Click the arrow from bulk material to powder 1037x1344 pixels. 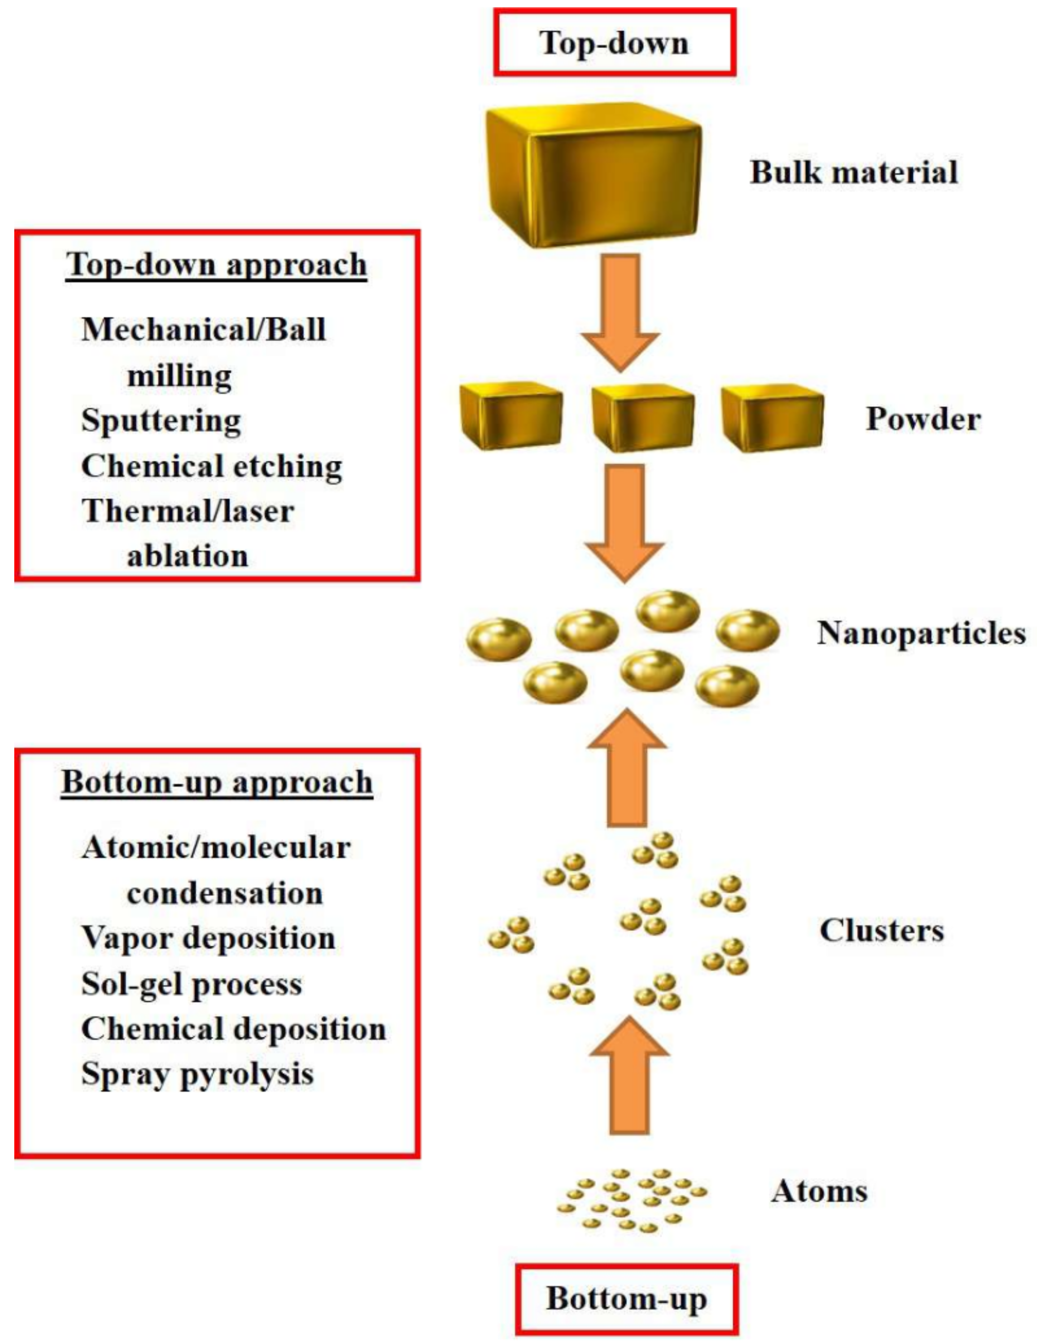pos(620,311)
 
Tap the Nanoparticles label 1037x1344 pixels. pos(921,633)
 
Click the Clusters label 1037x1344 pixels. pos(881,931)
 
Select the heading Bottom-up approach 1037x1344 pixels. pos(217,783)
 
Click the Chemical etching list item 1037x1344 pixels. pos(211,466)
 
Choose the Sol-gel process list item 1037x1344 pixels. pos(191,984)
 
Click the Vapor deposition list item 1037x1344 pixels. pos(208,939)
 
